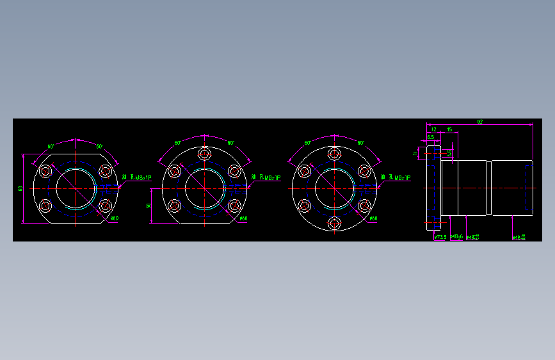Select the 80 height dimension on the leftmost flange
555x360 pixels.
click(x=20, y=188)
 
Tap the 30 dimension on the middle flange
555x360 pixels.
click(x=149, y=206)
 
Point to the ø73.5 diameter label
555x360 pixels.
click(x=440, y=237)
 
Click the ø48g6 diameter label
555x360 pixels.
click(x=456, y=237)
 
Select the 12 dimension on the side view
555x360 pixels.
click(x=433, y=129)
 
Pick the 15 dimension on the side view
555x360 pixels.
click(x=449, y=129)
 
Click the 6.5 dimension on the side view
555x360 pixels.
click(x=431, y=137)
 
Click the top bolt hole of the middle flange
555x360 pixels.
click(x=204, y=154)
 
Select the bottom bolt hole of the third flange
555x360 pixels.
click(x=334, y=223)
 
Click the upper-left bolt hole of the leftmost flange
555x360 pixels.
click(x=45, y=171)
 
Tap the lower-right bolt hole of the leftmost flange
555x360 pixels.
click(x=106, y=206)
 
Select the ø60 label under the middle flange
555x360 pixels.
click(x=243, y=218)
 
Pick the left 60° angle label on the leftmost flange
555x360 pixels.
click(x=51, y=146)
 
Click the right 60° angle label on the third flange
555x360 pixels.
click(x=361, y=143)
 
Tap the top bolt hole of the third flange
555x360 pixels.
click(x=334, y=154)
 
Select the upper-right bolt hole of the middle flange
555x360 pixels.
click(x=234, y=171)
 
